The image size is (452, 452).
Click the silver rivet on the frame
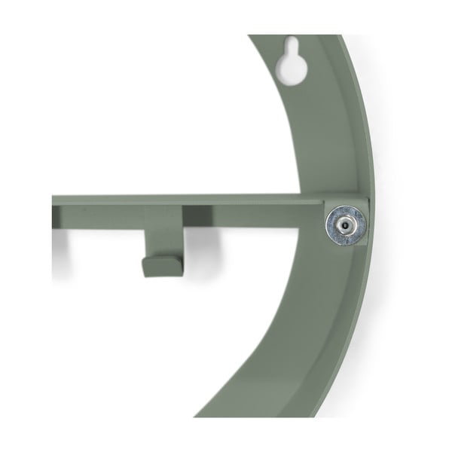tap(346, 224)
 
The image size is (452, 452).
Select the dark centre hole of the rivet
tap(346, 224)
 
